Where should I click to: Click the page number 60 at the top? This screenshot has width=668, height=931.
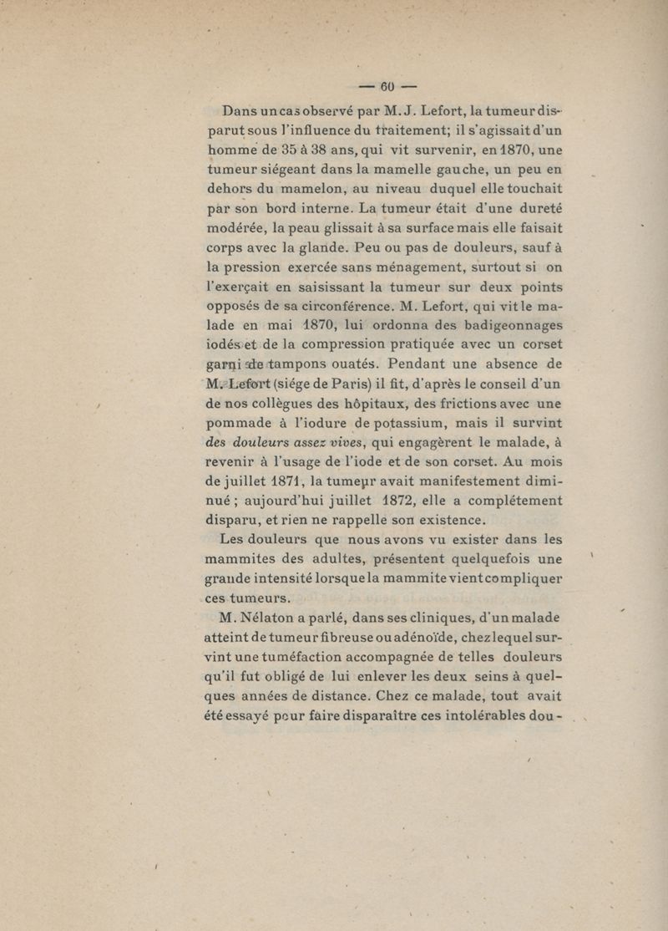pos(387,86)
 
